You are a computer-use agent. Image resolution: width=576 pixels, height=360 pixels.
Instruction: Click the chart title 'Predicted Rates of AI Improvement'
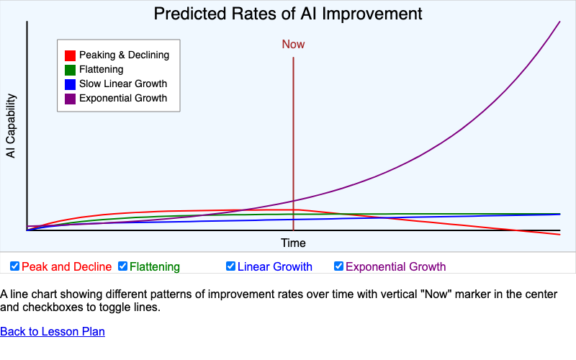(x=288, y=14)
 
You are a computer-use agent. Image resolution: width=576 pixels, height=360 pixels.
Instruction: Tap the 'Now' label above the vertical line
(x=293, y=44)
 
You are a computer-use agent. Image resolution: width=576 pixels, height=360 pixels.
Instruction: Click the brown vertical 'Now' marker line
(x=293, y=144)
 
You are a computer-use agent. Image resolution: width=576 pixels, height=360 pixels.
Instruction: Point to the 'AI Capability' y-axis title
(x=11, y=126)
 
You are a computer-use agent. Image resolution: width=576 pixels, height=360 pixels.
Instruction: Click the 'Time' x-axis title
(x=293, y=243)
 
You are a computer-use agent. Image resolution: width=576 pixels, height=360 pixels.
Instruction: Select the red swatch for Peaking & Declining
(x=70, y=55)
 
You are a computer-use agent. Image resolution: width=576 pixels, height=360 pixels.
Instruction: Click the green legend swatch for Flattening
(x=70, y=70)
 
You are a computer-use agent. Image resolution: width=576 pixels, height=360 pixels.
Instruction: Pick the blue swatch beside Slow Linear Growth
(x=70, y=84)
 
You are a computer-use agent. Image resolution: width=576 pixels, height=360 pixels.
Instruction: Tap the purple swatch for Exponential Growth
(x=70, y=99)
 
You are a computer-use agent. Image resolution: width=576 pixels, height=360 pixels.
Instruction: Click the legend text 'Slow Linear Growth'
(x=123, y=84)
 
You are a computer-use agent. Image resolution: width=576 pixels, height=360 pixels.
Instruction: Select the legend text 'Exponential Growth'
(x=123, y=99)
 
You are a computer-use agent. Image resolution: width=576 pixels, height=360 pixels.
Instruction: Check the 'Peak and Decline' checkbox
(x=15, y=266)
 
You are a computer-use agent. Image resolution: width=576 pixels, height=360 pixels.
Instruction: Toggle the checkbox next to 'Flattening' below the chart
(x=123, y=266)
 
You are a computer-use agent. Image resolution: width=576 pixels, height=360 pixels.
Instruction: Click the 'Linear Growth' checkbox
(x=231, y=266)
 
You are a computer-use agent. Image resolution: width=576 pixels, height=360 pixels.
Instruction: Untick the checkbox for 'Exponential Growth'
(x=339, y=266)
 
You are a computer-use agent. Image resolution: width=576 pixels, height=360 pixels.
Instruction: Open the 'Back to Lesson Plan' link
(x=53, y=332)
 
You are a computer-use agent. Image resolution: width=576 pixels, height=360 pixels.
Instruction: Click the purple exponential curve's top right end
(x=559, y=22)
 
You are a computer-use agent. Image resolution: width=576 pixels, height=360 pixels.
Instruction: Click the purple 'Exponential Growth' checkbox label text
(x=396, y=267)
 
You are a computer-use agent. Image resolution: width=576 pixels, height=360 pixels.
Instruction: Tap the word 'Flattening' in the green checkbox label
(x=155, y=267)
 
